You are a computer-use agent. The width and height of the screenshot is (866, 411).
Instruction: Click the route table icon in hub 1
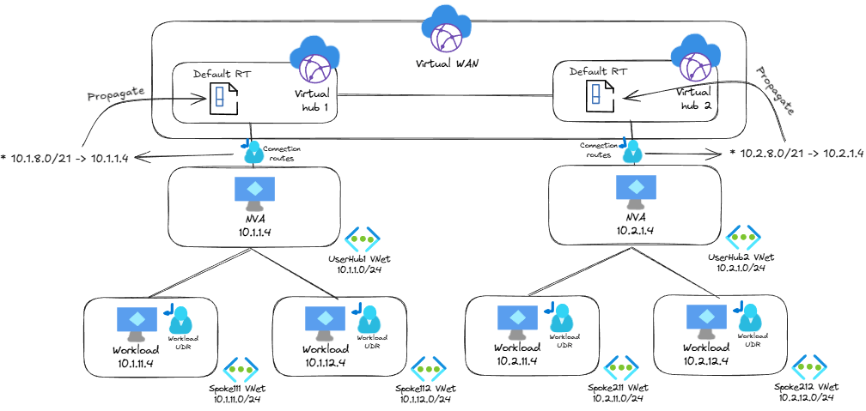tap(218, 97)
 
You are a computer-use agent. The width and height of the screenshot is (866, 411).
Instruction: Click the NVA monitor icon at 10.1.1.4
tap(255, 193)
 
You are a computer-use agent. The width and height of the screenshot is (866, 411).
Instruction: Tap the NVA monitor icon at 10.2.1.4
tap(637, 193)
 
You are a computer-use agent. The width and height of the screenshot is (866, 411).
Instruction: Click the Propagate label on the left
tap(116, 93)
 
